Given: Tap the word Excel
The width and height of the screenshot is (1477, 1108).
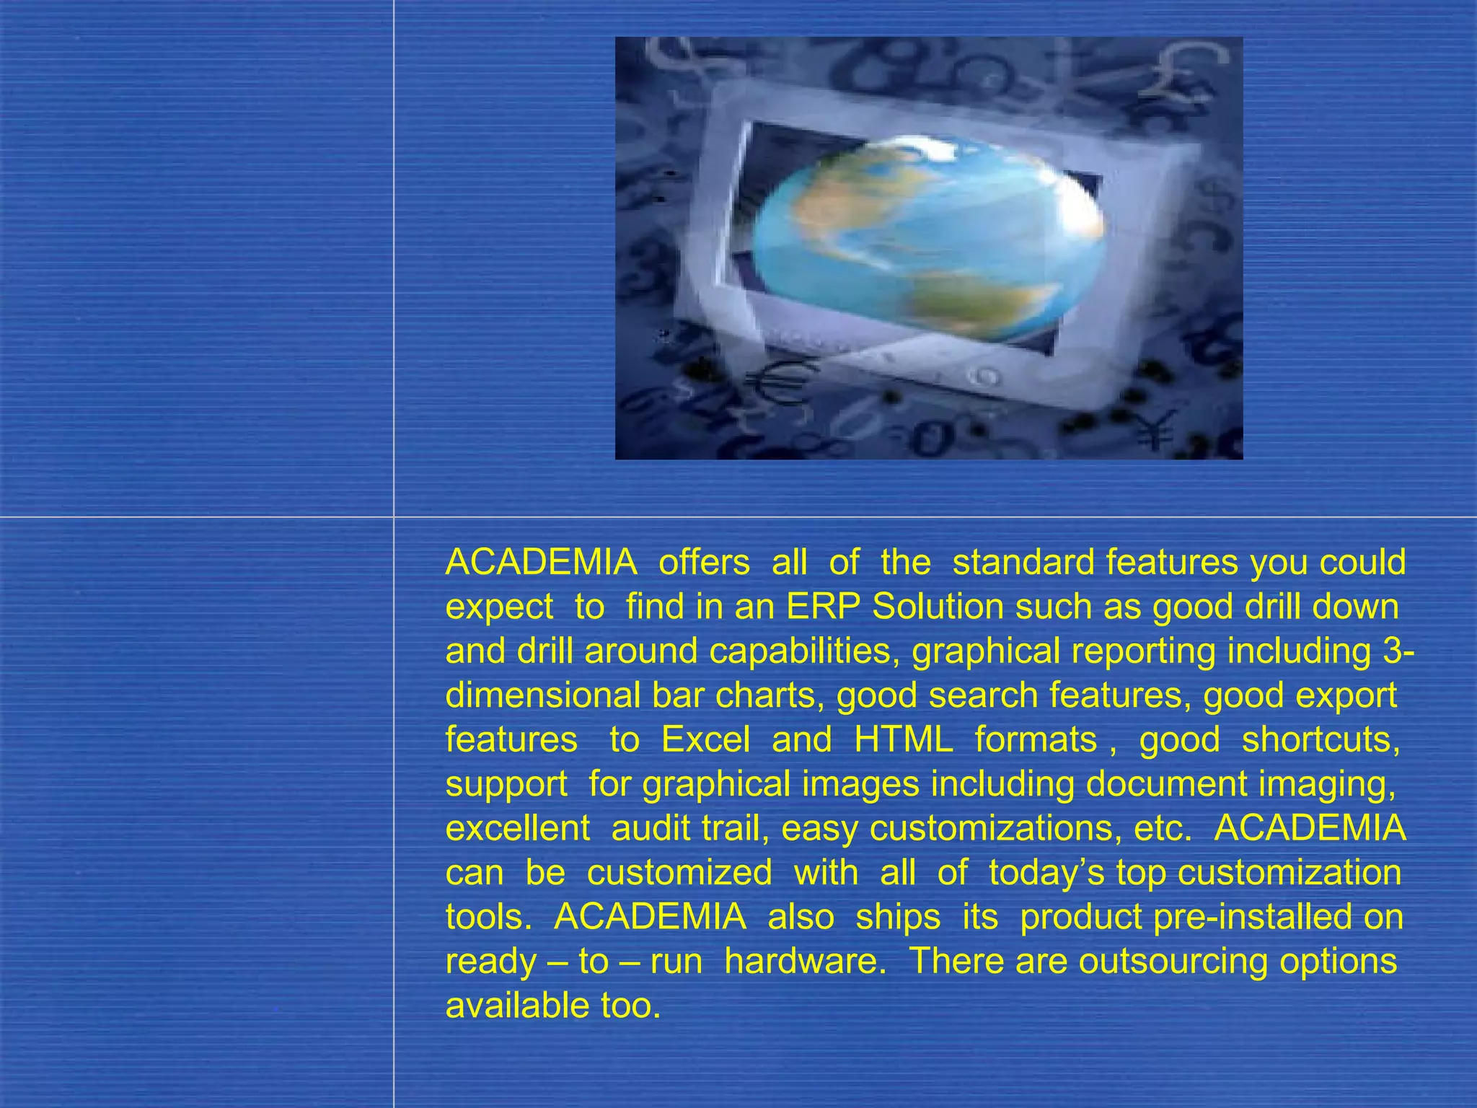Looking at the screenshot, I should click(705, 739).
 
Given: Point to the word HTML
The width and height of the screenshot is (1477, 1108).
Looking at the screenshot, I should click(903, 739).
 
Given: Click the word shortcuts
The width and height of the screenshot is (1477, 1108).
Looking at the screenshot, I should click(1320, 739).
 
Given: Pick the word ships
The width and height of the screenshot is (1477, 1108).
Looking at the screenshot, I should click(898, 917).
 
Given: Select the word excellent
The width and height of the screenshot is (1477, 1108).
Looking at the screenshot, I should click(517, 828).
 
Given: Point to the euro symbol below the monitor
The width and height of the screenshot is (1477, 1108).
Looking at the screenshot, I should click(775, 382).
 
